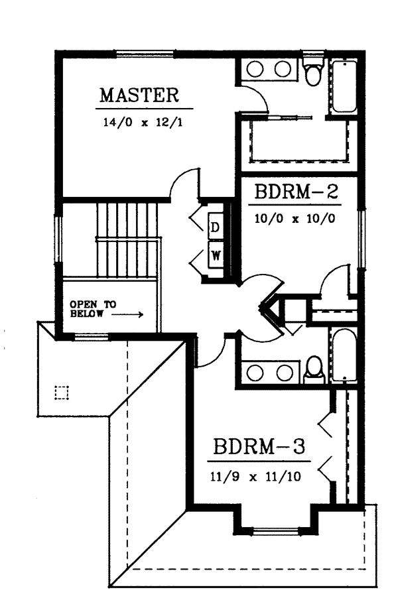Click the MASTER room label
click(x=139, y=95)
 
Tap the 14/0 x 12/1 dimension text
click(x=143, y=123)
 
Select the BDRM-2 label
click(x=297, y=192)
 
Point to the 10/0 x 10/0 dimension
click(x=295, y=218)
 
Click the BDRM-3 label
click(x=259, y=447)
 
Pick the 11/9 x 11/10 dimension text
click(x=256, y=477)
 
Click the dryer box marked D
click(x=214, y=227)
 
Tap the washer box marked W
click(x=216, y=255)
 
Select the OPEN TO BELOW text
click(x=93, y=309)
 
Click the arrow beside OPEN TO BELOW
click(x=127, y=314)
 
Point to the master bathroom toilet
click(x=313, y=72)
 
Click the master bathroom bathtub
click(x=344, y=86)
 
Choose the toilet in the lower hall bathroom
click(x=314, y=369)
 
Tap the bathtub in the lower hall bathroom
click(x=344, y=355)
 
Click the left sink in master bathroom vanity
click(x=255, y=70)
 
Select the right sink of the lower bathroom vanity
click(x=284, y=373)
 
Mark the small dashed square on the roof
click(x=62, y=392)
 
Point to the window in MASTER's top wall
click(x=144, y=54)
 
